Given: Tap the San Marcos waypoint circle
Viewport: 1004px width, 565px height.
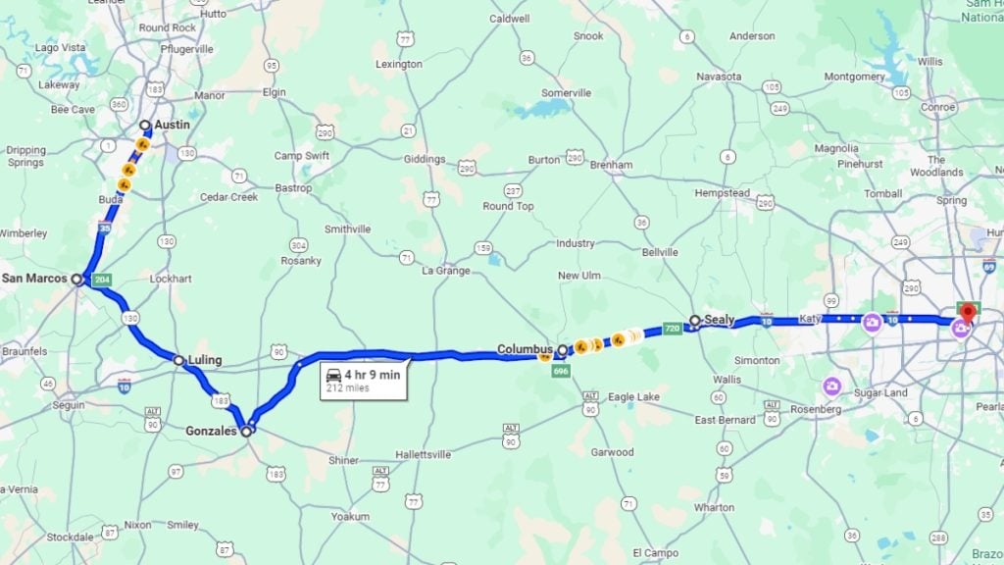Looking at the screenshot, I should [x=76, y=279].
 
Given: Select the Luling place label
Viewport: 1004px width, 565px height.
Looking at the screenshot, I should [x=205, y=361].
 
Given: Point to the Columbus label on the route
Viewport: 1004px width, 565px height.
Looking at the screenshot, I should [x=526, y=349].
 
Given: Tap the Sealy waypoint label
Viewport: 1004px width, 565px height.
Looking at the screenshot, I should [x=719, y=320].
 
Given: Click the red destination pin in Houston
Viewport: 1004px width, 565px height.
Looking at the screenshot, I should [x=968, y=313].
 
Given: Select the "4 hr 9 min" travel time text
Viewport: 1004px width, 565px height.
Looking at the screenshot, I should [x=374, y=374].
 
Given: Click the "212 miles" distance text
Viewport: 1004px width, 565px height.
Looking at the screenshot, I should [x=347, y=388].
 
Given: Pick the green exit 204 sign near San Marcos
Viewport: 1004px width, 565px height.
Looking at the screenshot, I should [x=101, y=281].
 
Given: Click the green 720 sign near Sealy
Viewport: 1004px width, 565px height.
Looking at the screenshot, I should [x=672, y=328].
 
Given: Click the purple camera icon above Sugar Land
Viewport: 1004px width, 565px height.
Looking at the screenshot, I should [x=832, y=385].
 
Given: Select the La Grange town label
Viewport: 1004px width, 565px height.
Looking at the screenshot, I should [x=445, y=271].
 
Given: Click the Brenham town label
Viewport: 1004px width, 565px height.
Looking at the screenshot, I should [x=611, y=165].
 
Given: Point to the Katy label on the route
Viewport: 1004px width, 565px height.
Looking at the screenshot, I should [x=809, y=319].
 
